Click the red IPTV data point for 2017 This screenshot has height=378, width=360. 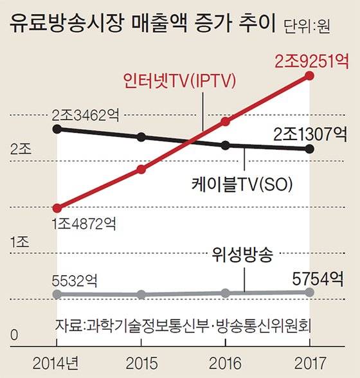pyautogui.click(x=310, y=76)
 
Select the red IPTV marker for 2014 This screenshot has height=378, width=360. pyautogui.click(x=57, y=208)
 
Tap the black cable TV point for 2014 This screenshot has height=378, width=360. pyautogui.click(x=57, y=129)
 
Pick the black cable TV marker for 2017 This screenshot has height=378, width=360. pyautogui.click(x=310, y=149)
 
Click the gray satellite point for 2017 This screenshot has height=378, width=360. pyautogui.click(x=310, y=292)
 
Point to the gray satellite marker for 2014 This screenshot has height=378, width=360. pyautogui.click(x=57, y=294)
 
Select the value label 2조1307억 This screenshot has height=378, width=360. pyautogui.click(x=310, y=134)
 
